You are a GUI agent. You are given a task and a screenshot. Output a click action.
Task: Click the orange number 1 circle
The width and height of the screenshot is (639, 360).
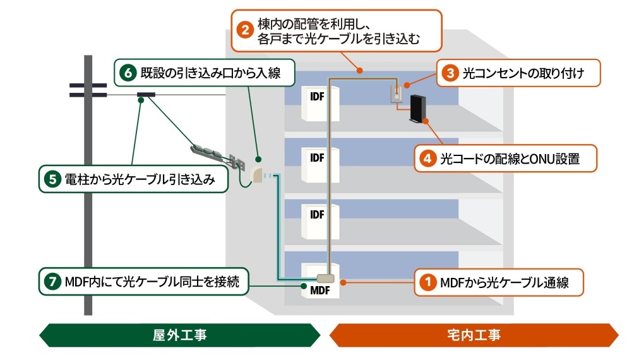point(428,283)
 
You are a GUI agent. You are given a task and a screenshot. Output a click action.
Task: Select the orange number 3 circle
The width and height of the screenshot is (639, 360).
point(450,73)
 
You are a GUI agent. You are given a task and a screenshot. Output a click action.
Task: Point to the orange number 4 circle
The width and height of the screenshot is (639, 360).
point(428,159)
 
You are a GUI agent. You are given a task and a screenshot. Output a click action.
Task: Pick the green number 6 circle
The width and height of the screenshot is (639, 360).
point(128,73)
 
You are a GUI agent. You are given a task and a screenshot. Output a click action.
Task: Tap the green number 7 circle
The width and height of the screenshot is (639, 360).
point(52,282)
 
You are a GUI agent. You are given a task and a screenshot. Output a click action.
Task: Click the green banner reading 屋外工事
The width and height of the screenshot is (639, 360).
point(179,335)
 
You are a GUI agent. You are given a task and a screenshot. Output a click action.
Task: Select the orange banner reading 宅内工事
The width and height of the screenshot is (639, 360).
point(474,335)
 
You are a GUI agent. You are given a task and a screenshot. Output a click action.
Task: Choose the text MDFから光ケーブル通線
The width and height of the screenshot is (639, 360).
point(504,283)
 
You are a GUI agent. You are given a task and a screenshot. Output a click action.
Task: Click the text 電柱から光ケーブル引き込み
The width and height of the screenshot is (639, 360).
point(140,179)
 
